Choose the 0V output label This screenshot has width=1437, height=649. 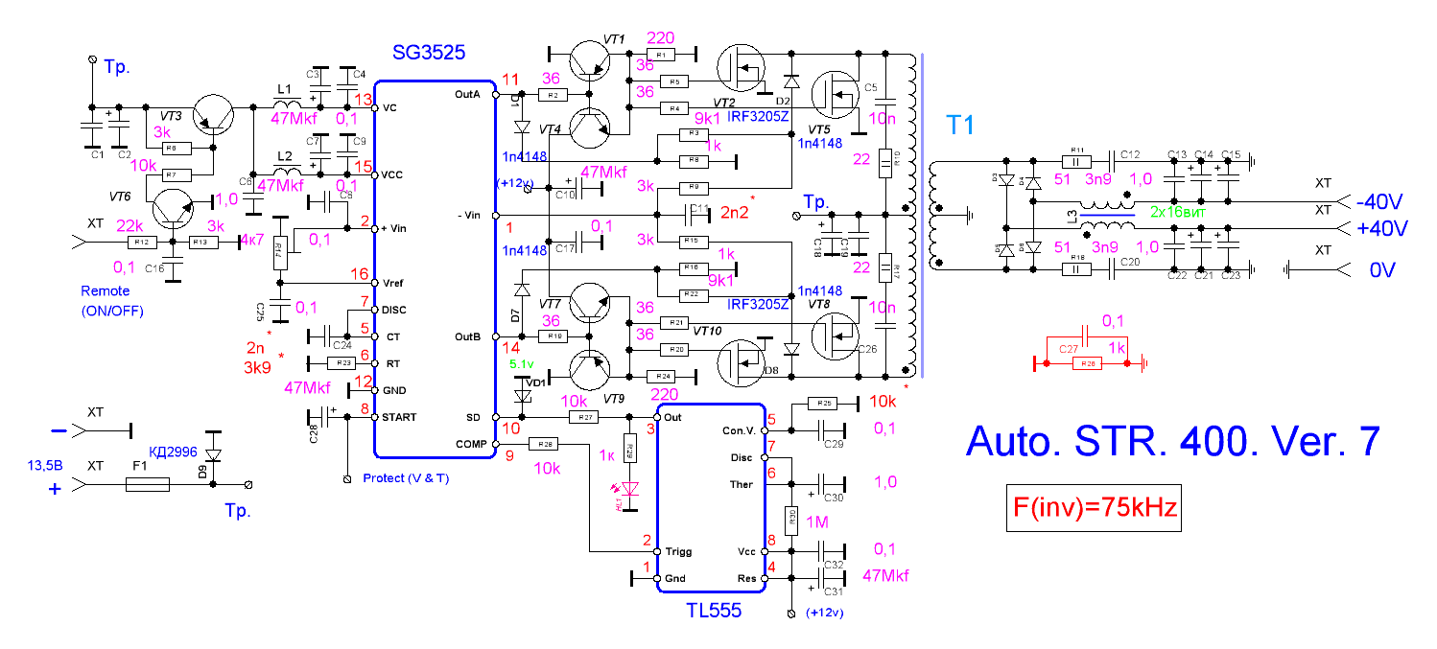point(1383,271)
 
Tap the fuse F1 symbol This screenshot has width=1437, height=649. point(148,486)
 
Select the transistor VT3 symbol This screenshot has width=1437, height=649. point(214,117)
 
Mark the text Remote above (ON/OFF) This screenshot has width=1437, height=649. point(105,290)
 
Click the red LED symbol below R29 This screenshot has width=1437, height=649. point(629,490)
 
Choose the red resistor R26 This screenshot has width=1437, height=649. point(1089,364)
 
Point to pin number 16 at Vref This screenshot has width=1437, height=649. point(358,274)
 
